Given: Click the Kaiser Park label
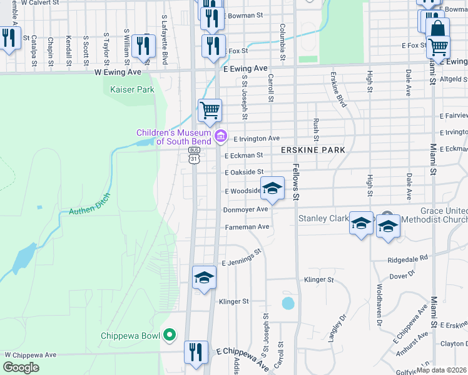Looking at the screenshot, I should [132, 89].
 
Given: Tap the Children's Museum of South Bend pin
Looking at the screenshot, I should [220, 136].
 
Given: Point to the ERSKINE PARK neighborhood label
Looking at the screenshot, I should [313, 151].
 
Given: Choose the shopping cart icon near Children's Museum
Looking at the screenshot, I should [210, 110].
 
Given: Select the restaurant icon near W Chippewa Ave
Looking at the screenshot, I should [196, 352].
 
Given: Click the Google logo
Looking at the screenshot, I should [21, 367].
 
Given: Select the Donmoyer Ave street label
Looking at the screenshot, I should [246, 209].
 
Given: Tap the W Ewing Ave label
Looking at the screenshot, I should [118, 72].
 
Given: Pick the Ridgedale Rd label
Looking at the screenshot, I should [407, 257].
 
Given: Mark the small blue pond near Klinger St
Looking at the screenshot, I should [288, 303].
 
